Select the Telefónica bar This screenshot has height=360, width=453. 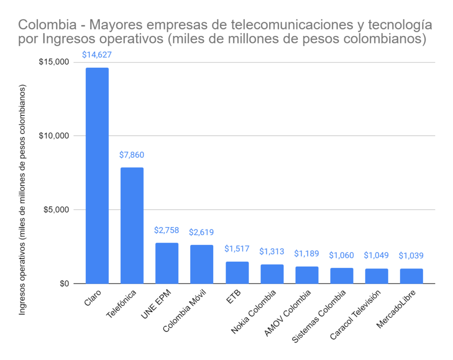(132, 225)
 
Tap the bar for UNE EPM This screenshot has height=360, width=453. (167, 263)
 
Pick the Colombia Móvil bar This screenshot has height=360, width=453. (202, 264)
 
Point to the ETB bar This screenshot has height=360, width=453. (237, 272)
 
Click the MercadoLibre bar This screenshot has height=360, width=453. (411, 276)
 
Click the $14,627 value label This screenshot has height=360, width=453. (97, 55)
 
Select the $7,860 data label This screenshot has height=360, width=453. (132, 155)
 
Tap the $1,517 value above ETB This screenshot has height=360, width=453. (237, 249)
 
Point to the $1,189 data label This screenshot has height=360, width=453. (307, 254)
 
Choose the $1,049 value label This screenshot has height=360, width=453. (376, 255)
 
